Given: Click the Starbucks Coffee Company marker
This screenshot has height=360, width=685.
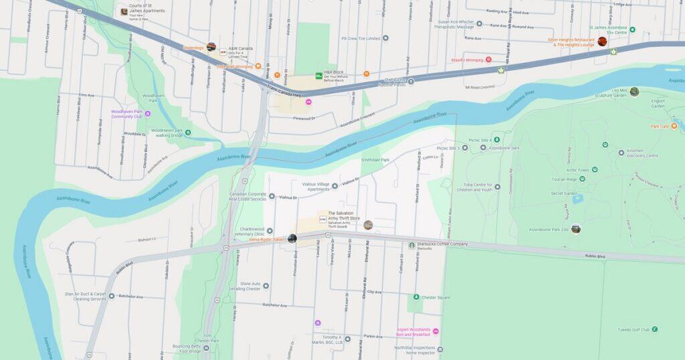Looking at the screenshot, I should (412, 245).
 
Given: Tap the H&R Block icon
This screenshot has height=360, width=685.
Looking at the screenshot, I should (319, 77).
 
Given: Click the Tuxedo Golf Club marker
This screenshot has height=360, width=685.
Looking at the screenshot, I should (654, 329).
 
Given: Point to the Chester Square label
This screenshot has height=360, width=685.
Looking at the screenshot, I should (435, 297).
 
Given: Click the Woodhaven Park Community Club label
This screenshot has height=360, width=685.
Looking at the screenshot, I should (126, 114).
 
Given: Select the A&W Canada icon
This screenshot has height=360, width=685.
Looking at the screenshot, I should (223, 51).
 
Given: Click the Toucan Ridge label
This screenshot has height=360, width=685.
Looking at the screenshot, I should (563, 180).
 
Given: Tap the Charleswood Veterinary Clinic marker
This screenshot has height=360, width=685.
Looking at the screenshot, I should (270, 231).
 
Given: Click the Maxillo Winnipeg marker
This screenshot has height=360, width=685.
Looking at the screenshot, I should (488, 60).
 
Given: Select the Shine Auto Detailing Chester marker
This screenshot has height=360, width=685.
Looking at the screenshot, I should (266, 286).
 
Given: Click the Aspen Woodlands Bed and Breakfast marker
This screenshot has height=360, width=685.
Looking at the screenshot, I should (435, 331).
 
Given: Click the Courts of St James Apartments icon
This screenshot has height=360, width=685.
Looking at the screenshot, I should (124, 11).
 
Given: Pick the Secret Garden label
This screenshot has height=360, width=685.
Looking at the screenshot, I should (564, 193).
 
